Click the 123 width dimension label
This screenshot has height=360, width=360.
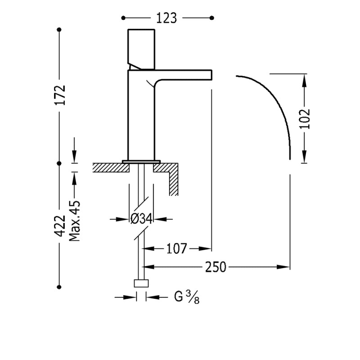coord(166,18)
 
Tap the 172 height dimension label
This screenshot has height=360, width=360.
coord(60,95)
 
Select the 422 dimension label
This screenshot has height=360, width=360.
coord(60,226)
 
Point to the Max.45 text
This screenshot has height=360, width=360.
coord(75,221)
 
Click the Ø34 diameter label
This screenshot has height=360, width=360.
coord(141,219)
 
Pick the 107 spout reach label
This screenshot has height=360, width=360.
coord(176,249)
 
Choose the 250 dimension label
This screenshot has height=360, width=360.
coord(216,267)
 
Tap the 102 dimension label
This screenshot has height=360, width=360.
coord(305,119)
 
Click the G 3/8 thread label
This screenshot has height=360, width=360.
coord(187,297)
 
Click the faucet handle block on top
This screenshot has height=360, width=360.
coord(141,49)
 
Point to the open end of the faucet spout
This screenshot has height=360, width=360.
coord(211,75)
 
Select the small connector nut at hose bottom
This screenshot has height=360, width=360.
coord(141,283)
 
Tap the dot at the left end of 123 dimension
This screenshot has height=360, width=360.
coord(123,18)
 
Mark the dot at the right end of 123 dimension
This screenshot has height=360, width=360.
coord(212,18)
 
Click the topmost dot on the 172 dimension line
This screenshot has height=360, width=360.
coord(59,30)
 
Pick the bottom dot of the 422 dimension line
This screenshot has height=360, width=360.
coord(59,287)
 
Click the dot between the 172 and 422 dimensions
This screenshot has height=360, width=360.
coord(59,163)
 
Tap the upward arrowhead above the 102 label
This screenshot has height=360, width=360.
coord(304,80)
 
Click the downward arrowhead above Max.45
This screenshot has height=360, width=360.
coord(74,156)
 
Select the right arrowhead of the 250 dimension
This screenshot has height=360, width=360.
coord(283,267)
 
